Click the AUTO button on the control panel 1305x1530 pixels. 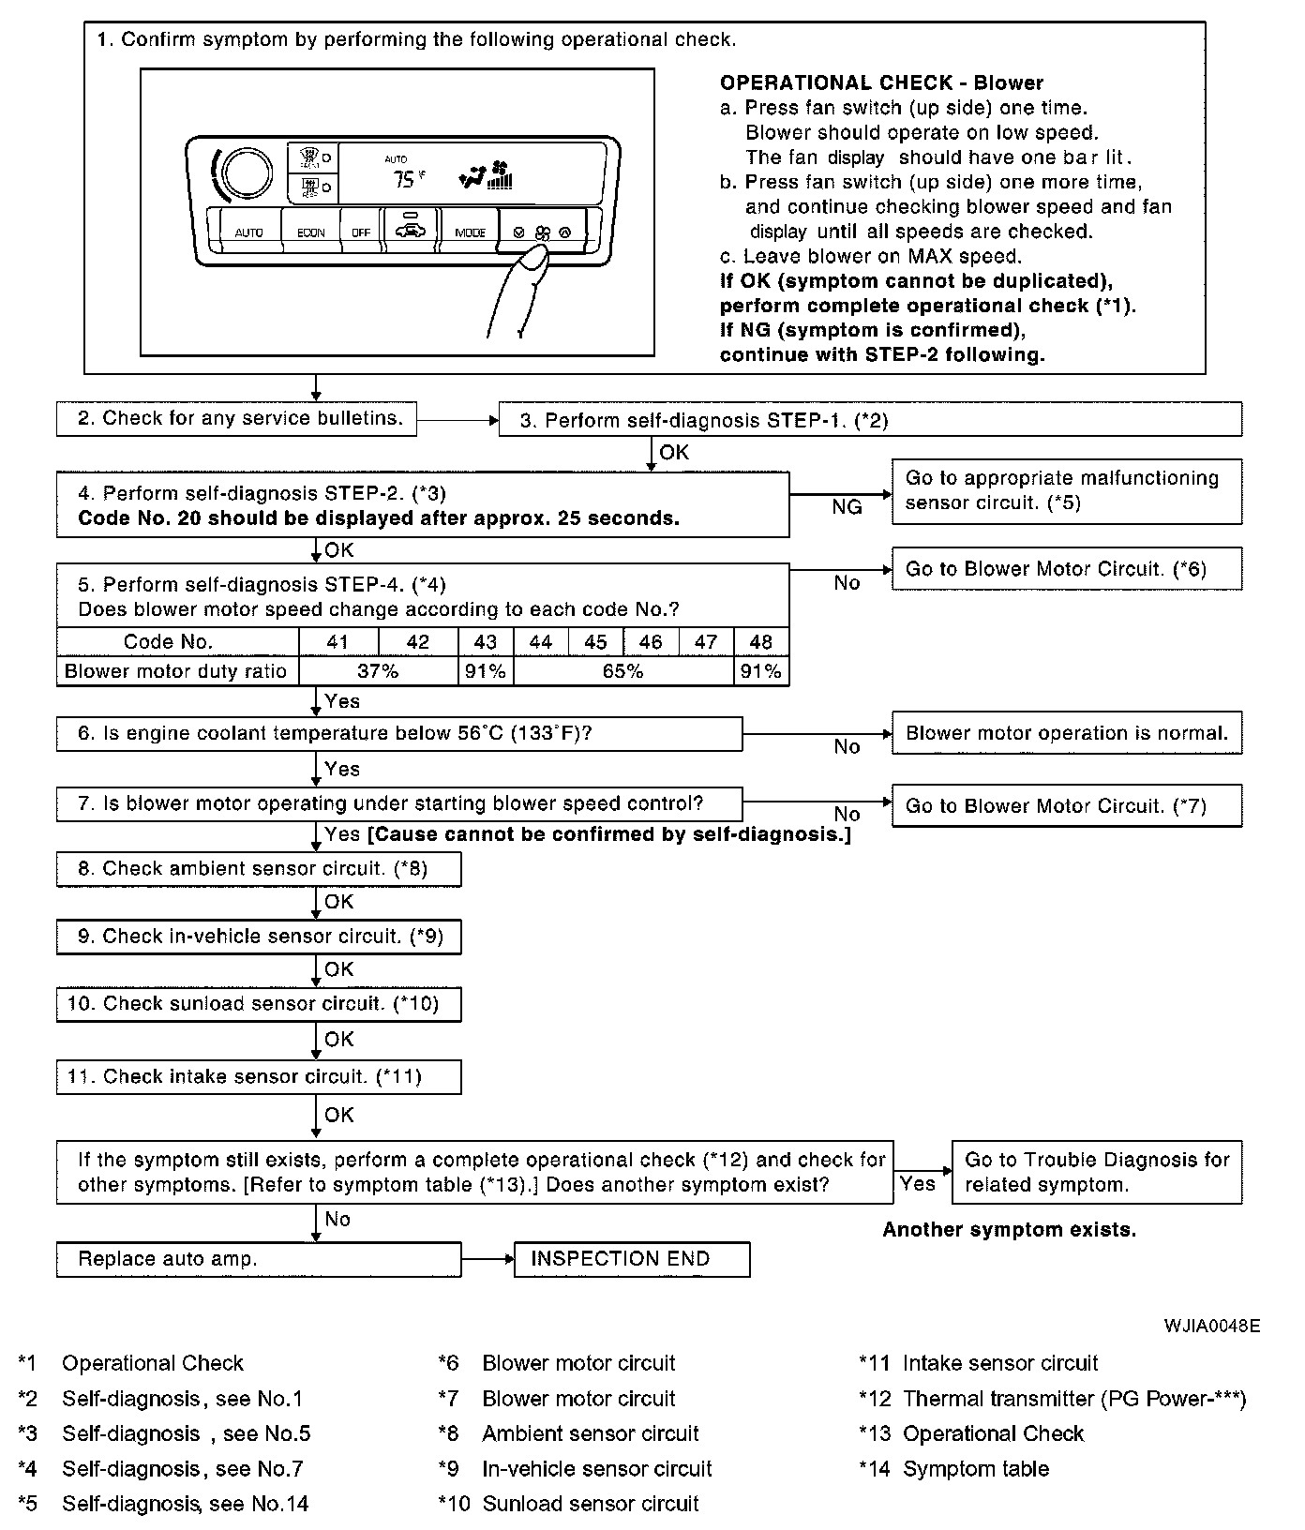pos(248,232)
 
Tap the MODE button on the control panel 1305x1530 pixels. pos(470,232)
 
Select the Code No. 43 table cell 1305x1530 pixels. pos(485,642)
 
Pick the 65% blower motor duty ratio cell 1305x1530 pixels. pos(623,671)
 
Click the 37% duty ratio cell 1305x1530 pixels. pos(378,671)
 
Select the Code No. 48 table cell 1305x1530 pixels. pos(761,642)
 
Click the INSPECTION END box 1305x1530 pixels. pos(632,1259)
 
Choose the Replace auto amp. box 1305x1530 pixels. pos(259,1259)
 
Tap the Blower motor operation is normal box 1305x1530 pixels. pos(1066,733)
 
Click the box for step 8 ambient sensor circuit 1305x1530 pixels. pos(259,869)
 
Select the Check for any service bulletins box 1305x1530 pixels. pos(236,419)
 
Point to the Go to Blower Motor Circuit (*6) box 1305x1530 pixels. pos(1066,569)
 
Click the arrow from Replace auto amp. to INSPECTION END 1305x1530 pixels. pos(487,1259)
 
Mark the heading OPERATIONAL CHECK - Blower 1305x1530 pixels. pos(881,82)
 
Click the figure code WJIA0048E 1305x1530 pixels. pos(1212,1327)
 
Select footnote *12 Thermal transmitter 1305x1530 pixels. pos(1052,1399)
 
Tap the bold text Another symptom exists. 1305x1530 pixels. pos(1009,1230)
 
